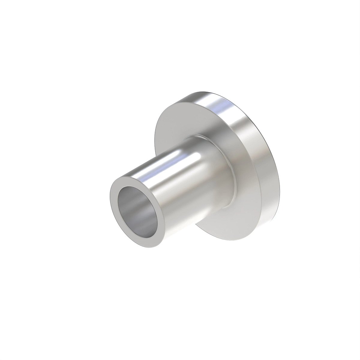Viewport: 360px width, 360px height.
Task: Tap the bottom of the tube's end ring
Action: [150, 247]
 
